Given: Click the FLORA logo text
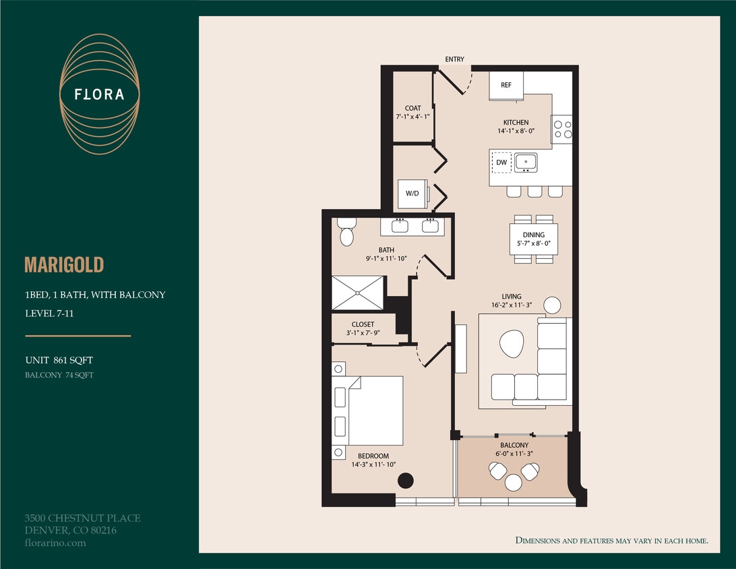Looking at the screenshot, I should (x=100, y=94).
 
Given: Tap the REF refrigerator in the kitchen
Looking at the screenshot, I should (x=506, y=86).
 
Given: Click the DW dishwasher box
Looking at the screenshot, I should (x=501, y=162).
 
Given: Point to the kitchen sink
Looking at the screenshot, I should (x=525, y=162).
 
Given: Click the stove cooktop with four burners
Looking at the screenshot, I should (x=562, y=129).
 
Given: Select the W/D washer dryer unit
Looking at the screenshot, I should (x=411, y=193).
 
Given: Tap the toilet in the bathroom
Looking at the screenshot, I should (x=346, y=232).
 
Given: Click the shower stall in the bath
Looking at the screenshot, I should (x=358, y=293).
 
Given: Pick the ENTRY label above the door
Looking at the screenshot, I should (x=454, y=59).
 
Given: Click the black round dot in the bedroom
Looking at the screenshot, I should (x=405, y=481).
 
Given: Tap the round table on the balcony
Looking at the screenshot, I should (x=514, y=482).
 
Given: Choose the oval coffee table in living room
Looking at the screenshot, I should (x=512, y=344).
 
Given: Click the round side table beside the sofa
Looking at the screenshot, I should (x=552, y=305).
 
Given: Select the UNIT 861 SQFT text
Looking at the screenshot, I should (x=59, y=361).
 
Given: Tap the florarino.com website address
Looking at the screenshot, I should (x=55, y=543).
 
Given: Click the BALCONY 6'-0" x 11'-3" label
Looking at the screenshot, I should (x=514, y=450).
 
